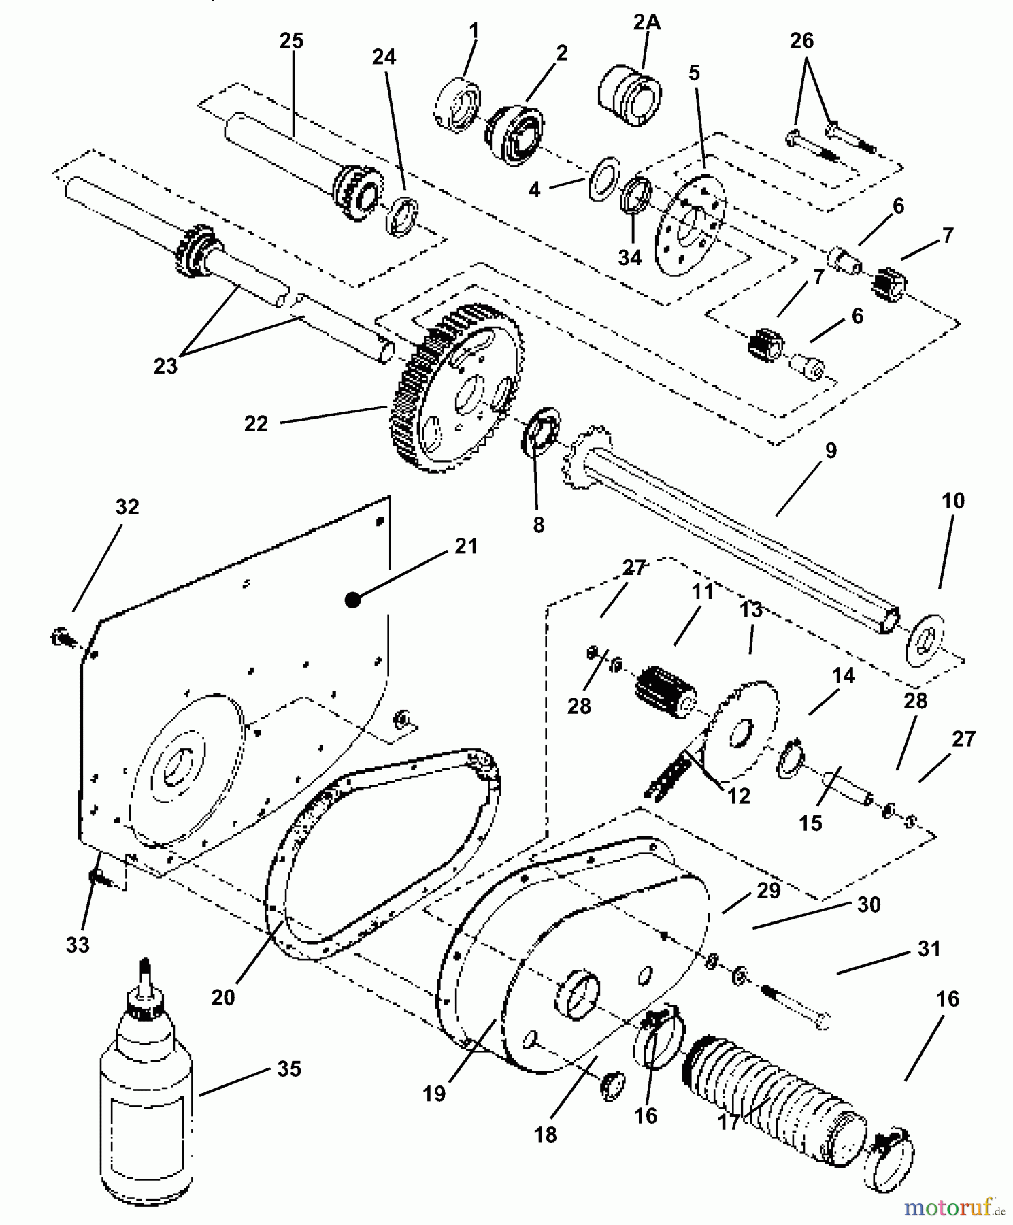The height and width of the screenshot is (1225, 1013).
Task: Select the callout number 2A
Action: pos(646,22)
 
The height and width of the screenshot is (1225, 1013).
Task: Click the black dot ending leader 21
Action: pos(352,600)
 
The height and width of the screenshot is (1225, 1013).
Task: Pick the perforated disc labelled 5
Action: pos(689,225)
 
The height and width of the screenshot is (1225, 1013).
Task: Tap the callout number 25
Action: pos(291,41)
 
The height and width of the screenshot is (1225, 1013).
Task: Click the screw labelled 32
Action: pos(62,638)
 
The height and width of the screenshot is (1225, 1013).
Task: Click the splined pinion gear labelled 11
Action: pos(666,691)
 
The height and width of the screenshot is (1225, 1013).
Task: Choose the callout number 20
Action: pos(223,997)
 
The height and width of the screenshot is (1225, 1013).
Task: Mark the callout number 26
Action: pos(801,41)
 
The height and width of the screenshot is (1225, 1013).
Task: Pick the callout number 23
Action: pos(165,366)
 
